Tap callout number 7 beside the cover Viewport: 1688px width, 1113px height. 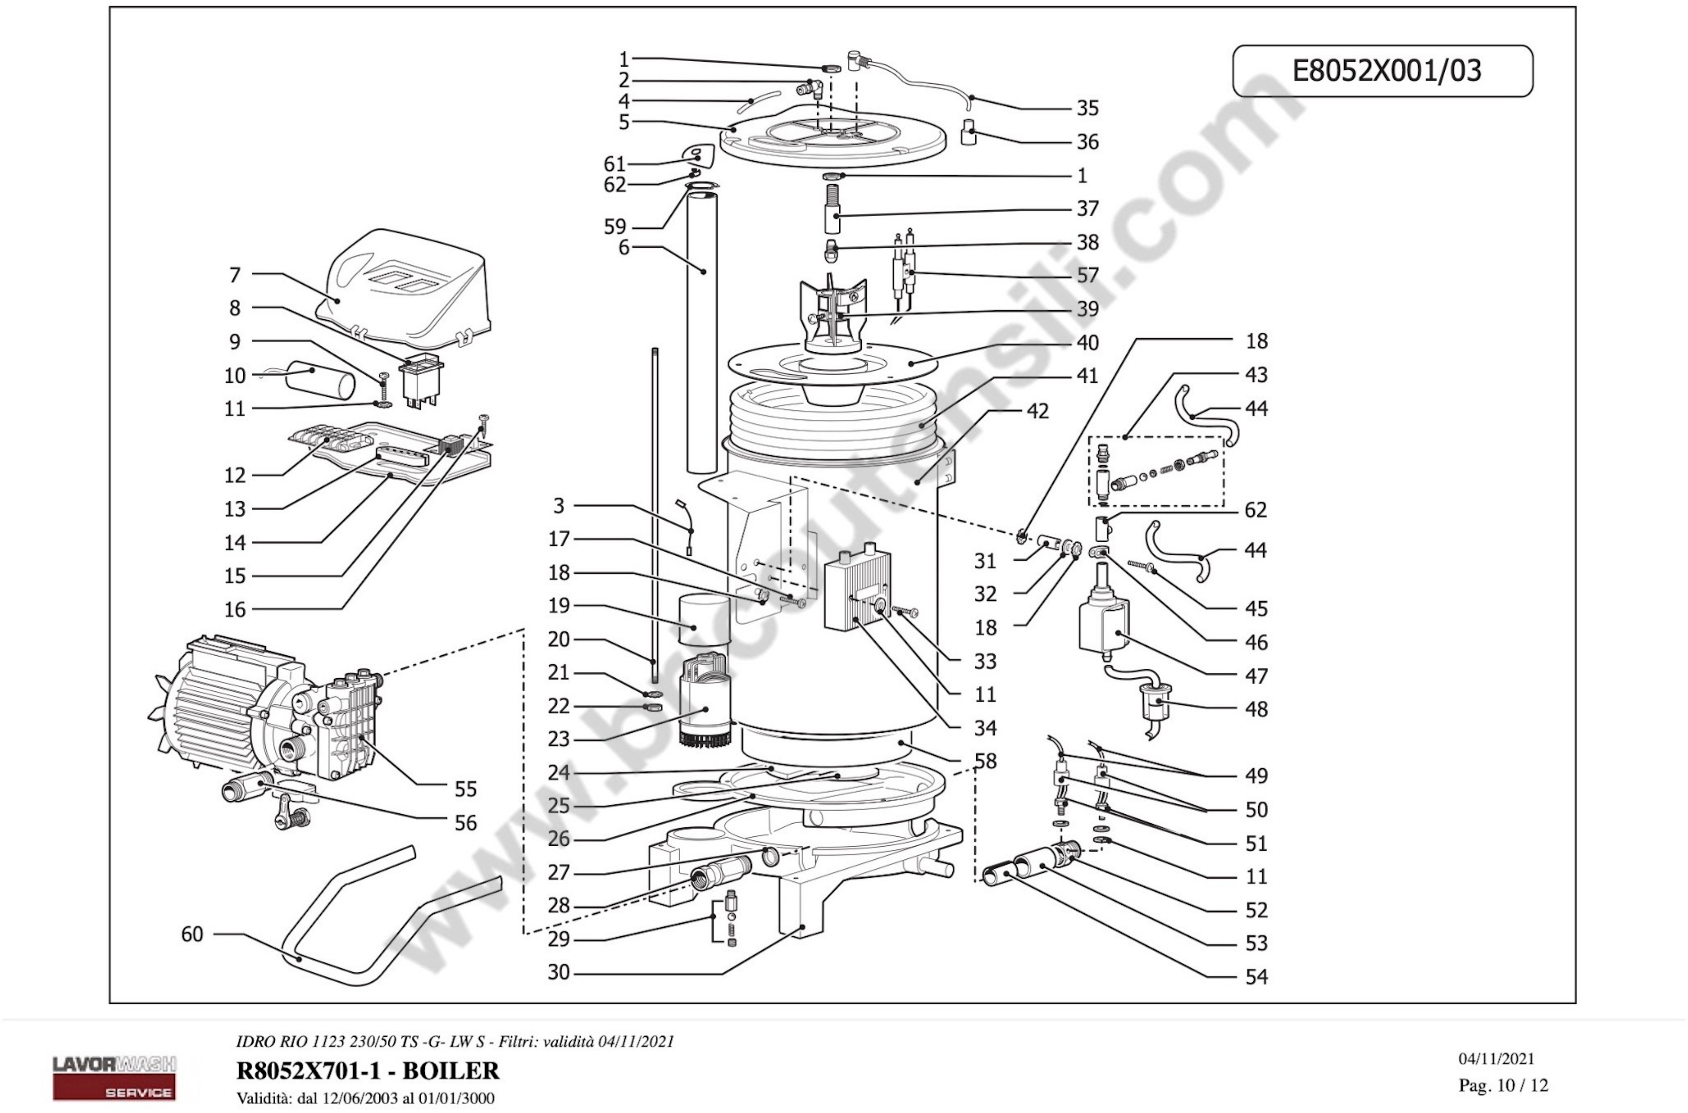pos(235,275)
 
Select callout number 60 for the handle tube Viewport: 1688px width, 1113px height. pos(192,934)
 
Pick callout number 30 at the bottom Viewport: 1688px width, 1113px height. pos(559,972)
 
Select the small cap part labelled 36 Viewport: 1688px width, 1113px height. pos(969,133)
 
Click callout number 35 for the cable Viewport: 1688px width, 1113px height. pos(1087,109)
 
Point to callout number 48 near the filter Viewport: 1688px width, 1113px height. pos(1256,709)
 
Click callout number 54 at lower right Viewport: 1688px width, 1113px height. pos(1256,977)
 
